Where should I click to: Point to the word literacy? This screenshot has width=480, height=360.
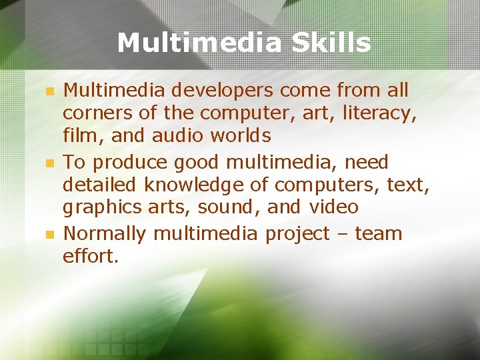(379, 114)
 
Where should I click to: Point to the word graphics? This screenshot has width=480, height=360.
(101, 208)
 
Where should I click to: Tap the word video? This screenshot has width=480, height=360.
(334, 207)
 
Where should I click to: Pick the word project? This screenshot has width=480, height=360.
(297, 234)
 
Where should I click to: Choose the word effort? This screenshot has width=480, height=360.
(91, 257)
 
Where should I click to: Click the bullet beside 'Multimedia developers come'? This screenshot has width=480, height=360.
(47, 91)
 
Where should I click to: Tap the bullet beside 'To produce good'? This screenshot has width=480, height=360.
(47, 163)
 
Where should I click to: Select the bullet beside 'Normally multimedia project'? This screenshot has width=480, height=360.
(47, 235)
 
